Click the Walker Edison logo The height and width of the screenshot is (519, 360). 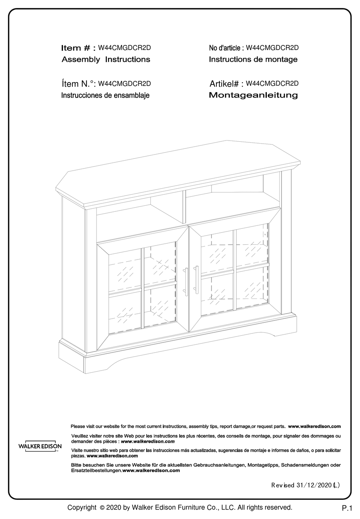40,446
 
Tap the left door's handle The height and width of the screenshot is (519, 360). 186,281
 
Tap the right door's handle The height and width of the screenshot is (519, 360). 197,280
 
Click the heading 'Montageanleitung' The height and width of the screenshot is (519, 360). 253,95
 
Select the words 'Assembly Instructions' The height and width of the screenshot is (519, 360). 106,59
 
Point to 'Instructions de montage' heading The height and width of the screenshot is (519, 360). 253,59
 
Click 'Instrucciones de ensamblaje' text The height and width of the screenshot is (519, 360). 105,95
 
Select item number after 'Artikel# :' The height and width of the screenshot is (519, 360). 272,83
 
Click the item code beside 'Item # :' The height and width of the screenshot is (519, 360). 124,48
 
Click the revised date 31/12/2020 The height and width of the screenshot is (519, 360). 313,485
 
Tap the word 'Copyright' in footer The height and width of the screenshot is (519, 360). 81,508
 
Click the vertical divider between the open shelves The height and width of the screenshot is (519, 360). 185,206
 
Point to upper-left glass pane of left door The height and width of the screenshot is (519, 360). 125,270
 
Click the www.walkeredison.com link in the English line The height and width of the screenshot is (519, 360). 314,427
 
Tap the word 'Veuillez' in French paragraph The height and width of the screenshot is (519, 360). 80,436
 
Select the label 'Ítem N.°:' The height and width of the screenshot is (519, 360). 78,84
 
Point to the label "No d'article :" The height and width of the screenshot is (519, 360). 226,48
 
